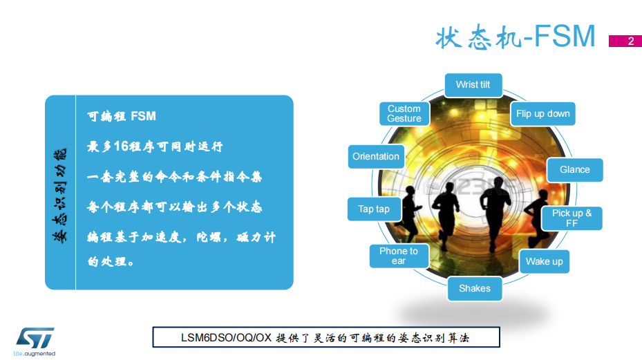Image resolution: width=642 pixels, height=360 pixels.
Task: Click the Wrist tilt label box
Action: [473, 85]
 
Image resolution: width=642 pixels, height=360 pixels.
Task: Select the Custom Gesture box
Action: [404, 113]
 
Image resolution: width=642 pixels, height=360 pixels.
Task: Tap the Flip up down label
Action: [543, 114]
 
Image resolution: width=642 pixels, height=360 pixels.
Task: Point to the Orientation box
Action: [376, 156]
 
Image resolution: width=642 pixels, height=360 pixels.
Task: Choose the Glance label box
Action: [575, 169]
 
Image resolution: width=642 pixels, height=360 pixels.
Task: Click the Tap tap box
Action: [374, 209]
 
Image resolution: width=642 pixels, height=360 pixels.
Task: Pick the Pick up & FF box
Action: [572, 218]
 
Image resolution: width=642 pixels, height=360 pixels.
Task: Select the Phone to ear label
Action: [399, 256]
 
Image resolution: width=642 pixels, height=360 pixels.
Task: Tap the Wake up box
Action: [545, 261]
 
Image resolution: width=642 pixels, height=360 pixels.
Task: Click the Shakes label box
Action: [475, 289]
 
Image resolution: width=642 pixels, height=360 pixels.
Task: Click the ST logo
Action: [35, 338]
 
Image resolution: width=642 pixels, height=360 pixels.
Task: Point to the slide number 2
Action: [631, 41]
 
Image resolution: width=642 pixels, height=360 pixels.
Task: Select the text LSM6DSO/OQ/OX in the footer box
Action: [227, 338]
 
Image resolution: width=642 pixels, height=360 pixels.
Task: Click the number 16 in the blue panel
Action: [121, 146]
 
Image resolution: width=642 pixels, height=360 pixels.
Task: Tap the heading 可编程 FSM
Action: [122, 116]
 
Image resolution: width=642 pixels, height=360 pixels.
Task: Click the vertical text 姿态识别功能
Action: [60, 196]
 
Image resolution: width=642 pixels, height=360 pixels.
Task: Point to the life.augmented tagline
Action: [35, 354]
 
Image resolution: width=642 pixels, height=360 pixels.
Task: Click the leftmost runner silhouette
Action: [408, 214]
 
